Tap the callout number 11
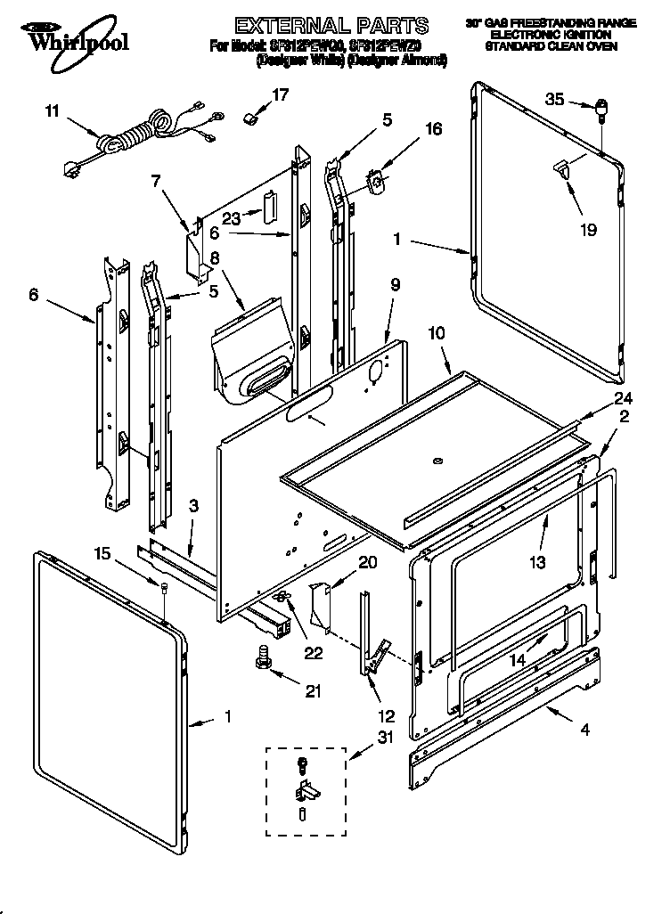(52, 111)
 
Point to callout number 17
(281, 94)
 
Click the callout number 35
(554, 100)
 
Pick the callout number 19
(587, 230)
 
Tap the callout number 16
(433, 128)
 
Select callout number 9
(395, 285)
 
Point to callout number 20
(367, 561)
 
